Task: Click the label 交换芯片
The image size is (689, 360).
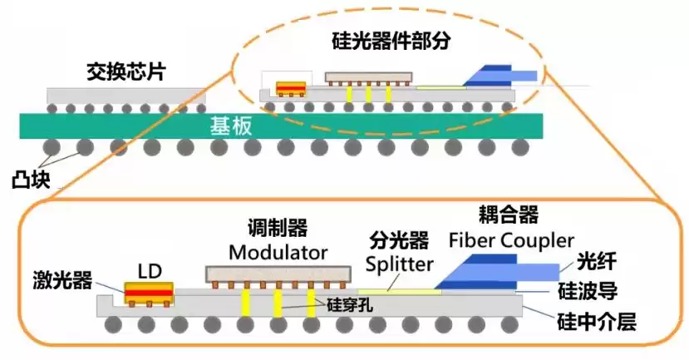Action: coord(125,72)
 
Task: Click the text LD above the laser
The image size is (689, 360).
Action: coord(150,271)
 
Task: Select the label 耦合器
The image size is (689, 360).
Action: coord(509,215)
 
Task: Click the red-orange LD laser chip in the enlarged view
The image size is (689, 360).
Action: coord(148,293)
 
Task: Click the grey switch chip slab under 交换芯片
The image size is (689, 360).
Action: coord(125,96)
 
